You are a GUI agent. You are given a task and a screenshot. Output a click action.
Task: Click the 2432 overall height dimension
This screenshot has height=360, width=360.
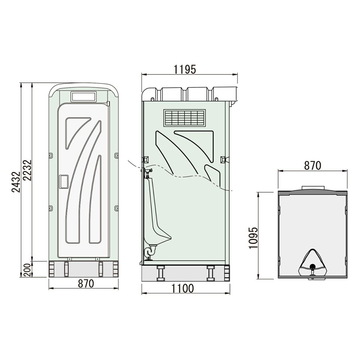[16, 182]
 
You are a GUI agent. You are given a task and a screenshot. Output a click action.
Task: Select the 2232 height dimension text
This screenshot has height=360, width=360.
[27, 170]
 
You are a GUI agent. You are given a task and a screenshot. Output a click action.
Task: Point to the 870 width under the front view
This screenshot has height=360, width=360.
[86, 283]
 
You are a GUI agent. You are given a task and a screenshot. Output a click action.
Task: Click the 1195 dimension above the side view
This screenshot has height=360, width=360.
[185, 70]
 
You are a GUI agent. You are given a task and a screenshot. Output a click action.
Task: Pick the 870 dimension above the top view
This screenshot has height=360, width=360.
[313, 166]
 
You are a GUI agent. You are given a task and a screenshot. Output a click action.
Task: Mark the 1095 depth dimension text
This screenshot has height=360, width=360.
[253, 238]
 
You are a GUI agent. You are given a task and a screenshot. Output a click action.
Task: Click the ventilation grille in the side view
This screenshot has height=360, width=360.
[184, 118]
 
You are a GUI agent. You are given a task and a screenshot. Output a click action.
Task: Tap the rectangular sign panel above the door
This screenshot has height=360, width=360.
[83, 97]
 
